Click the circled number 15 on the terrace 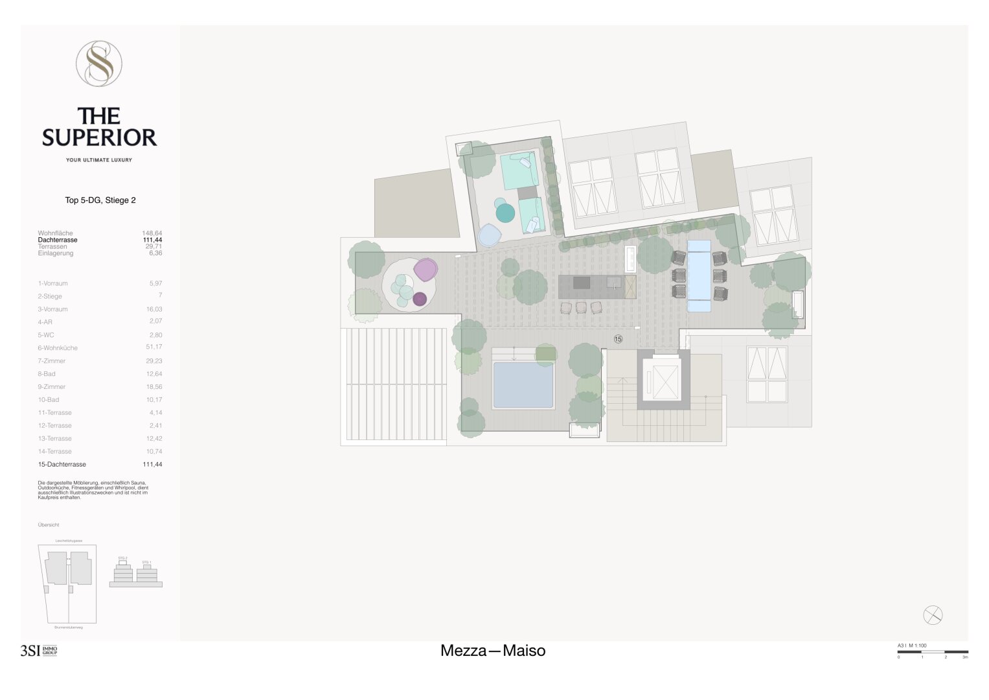(x=618, y=339)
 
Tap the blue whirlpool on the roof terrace (x=523, y=385)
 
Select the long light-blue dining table (x=699, y=276)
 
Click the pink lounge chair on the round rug (x=426, y=268)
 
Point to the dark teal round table (x=505, y=212)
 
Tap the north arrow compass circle (x=933, y=614)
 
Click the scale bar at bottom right (x=933, y=652)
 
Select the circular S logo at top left (x=99, y=64)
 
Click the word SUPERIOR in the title (x=100, y=137)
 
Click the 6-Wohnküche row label (x=58, y=348)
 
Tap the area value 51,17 (x=154, y=347)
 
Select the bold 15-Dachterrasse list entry (x=62, y=465)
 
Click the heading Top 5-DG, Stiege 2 (x=100, y=200)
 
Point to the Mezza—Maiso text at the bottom (x=493, y=651)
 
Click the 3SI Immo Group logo (x=39, y=651)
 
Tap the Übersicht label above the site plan (x=49, y=525)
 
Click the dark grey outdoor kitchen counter (x=597, y=286)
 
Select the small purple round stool (x=420, y=299)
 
